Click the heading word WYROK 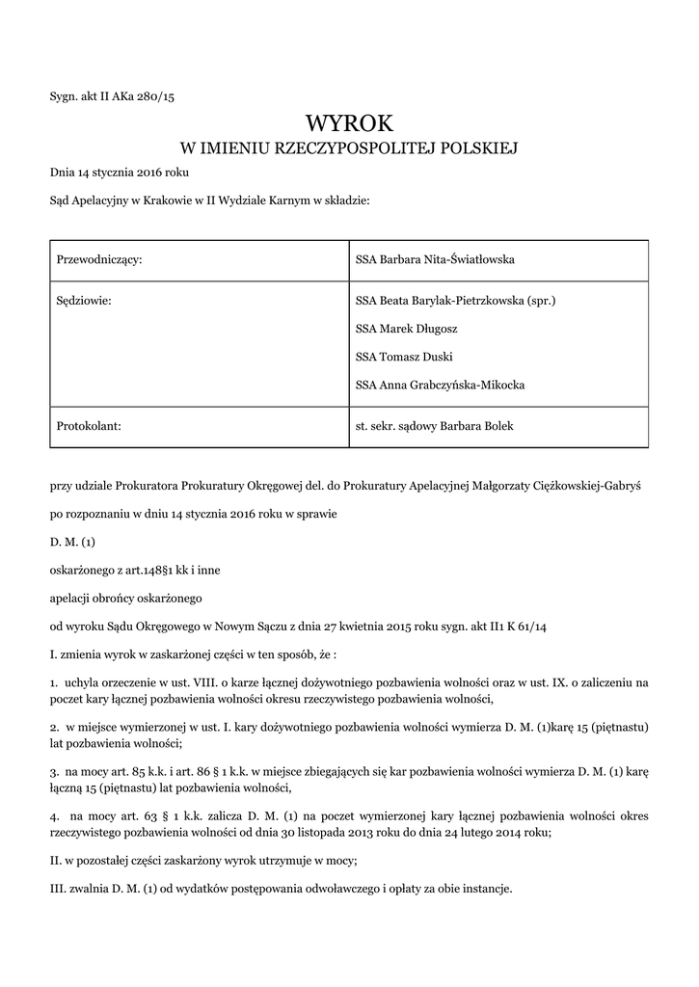coord(349,123)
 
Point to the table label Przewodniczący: coord(100,260)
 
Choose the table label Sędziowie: coord(85,301)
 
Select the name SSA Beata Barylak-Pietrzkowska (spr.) coord(456,301)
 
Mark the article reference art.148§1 coord(141,570)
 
